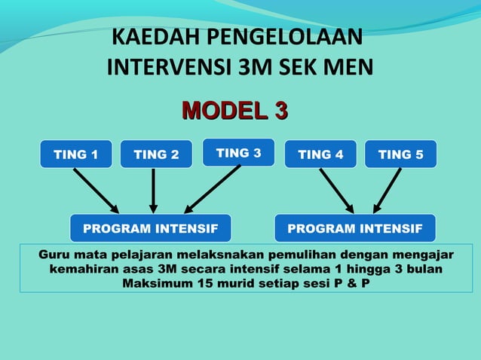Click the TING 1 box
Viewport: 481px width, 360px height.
(75, 154)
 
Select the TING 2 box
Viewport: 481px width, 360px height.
(156, 154)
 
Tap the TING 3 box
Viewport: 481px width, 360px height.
(238, 153)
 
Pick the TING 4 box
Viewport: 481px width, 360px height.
(320, 154)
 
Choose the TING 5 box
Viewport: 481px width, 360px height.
(400, 154)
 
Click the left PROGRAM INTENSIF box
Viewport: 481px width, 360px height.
(150, 227)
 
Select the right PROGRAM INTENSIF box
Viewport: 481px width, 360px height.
(355, 227)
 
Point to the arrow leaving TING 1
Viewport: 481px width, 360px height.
(96, 191)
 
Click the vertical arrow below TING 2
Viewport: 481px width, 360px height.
(154, 191)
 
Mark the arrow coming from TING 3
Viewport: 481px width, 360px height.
(213, 188)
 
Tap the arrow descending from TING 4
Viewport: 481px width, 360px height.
(336, 191)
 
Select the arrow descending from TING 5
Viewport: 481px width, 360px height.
(388, 191)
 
